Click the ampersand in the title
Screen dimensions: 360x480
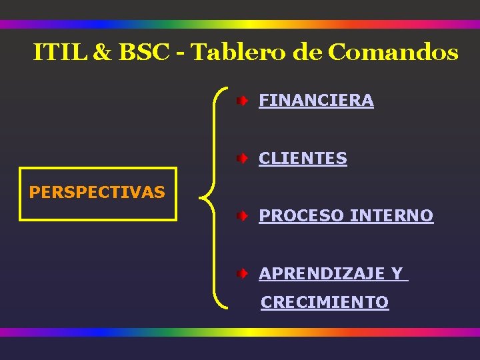click(103, 53)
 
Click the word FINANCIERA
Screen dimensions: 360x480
click(316, 101)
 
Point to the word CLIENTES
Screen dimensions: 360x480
click(303, 159)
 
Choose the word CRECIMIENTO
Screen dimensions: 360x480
click(325, 303)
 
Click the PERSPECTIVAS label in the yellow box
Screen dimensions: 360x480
click(97, 193)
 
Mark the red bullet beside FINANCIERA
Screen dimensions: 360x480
click(245, 101)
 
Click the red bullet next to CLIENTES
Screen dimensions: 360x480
click(245, 159)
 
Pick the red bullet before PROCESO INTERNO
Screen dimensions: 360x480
click(245, 216)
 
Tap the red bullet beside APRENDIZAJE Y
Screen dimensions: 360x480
click(245, 273)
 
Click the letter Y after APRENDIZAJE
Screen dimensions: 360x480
click(397, 273)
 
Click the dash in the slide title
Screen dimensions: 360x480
click(181, 53)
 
